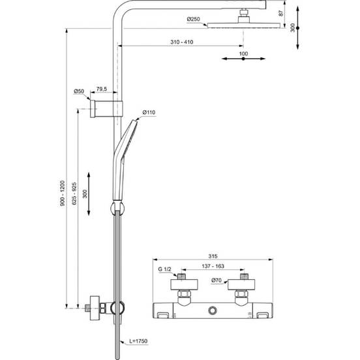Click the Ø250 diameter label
coord(193,19)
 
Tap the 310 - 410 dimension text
coord(181,42)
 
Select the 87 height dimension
coord(281,13)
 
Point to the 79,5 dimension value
coord(102,89)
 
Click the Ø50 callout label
coord(79,91)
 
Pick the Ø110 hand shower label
coord(149,112)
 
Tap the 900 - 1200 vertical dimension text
coord(63,193)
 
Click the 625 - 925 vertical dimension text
coord(74,194)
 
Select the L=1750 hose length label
coord(138,341)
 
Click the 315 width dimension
coord(213,256)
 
